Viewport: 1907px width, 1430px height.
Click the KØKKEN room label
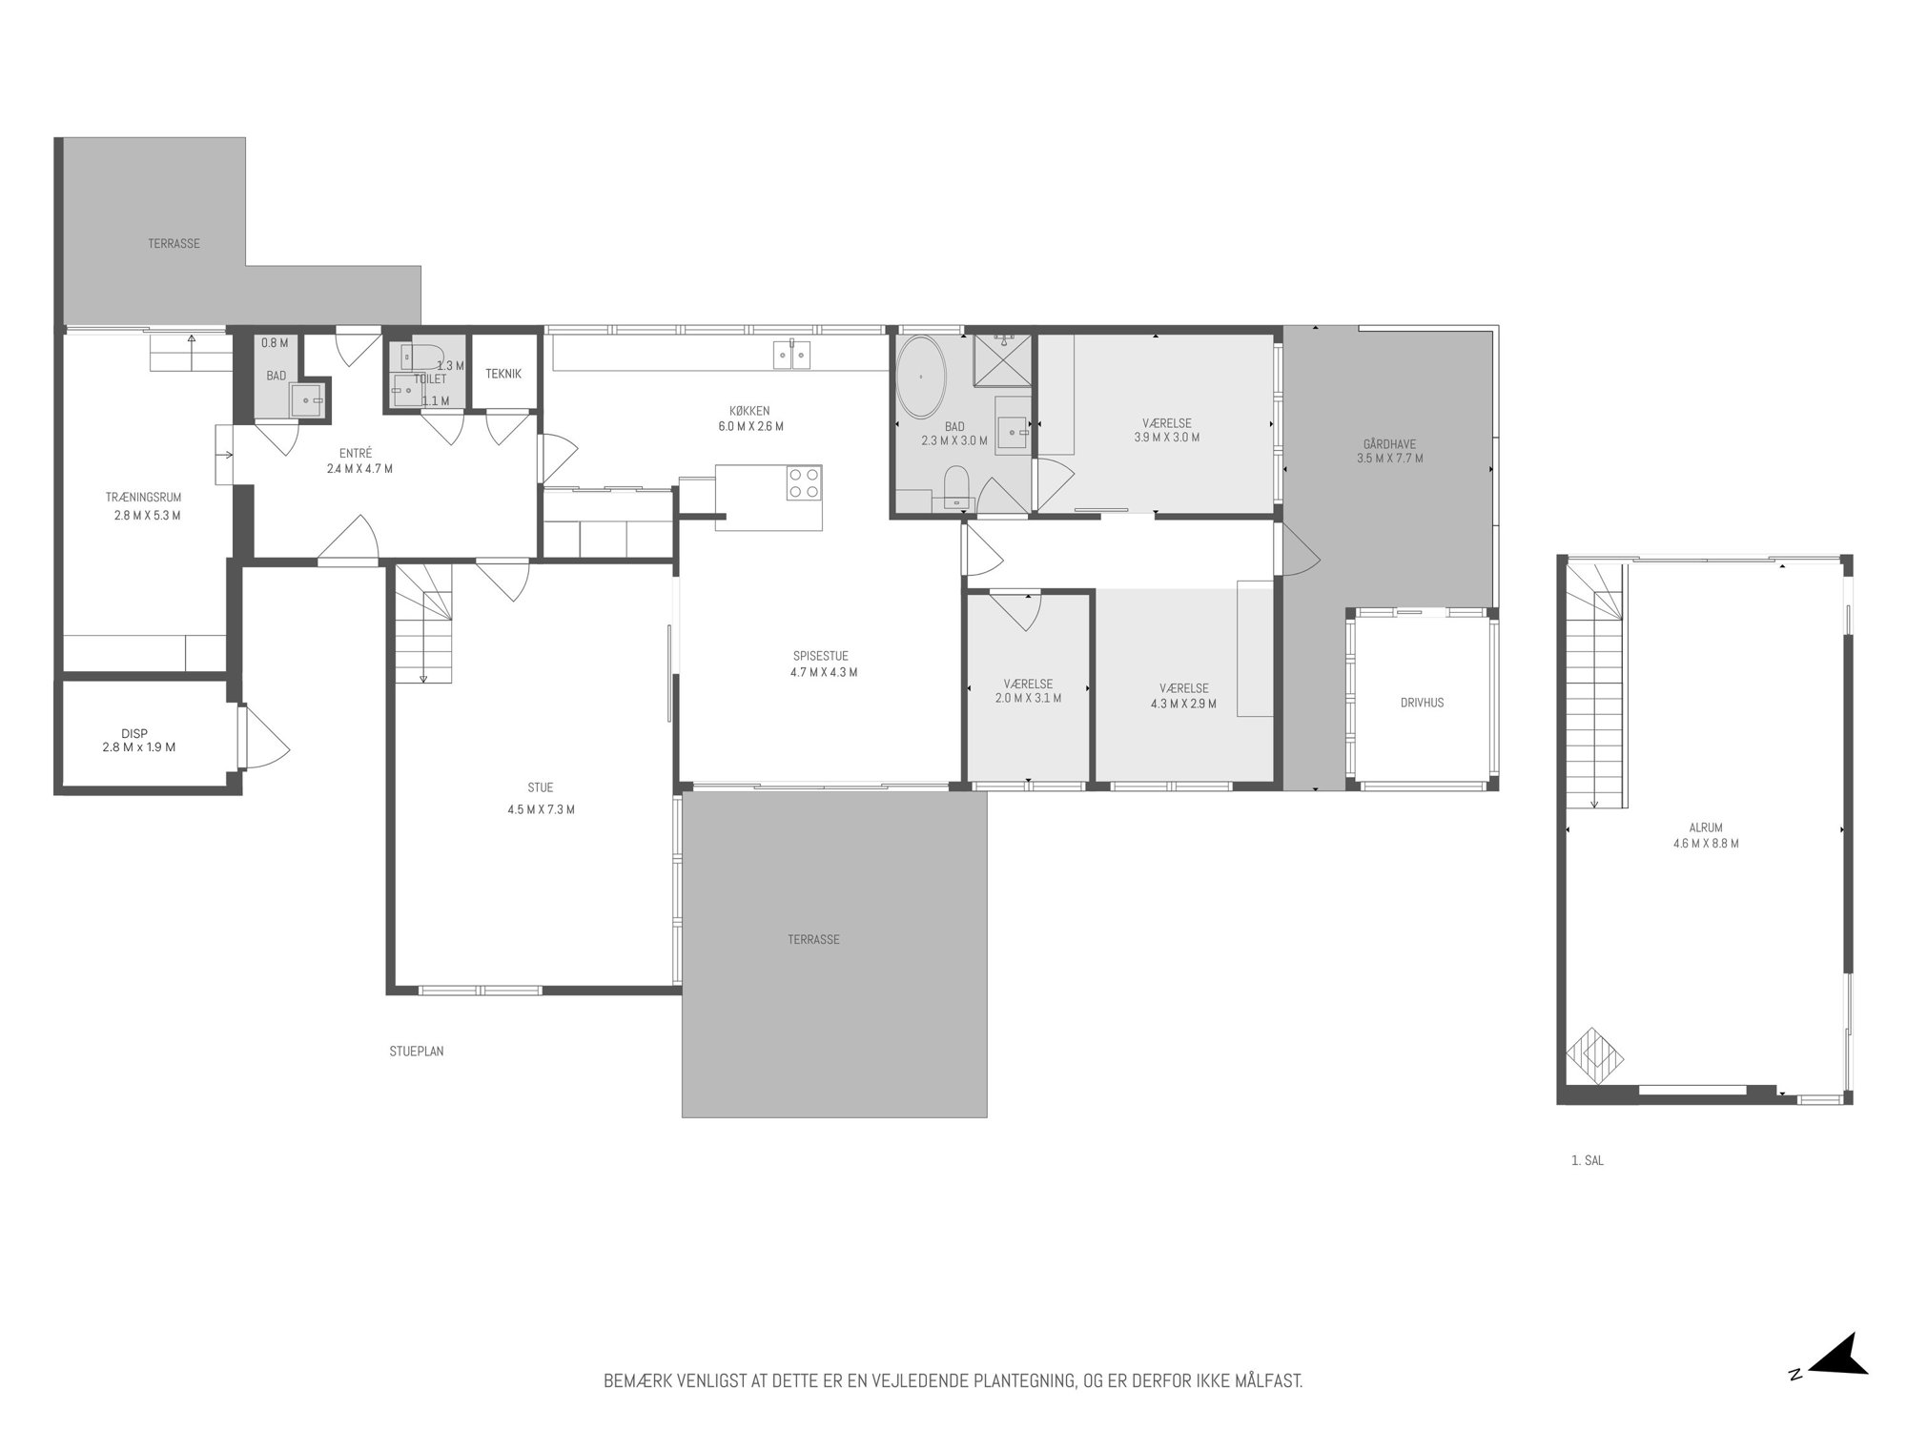pos(750,411)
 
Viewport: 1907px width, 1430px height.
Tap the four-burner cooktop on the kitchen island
pos(804,482)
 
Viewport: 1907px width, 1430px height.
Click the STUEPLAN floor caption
pos(417,1052)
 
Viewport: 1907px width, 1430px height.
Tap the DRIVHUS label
pos(1423,703)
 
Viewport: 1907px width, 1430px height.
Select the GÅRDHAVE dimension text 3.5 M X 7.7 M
pos(1389,459)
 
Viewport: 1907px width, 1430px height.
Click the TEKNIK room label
pos(503,374)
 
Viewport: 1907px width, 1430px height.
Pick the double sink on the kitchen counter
pos(792,355)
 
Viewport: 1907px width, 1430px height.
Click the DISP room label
pos(134,733)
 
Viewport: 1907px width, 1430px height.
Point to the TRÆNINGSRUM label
pos(143,497)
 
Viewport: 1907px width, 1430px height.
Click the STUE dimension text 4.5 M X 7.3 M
pos(541,810)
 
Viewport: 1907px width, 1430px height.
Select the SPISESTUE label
pos(820,656)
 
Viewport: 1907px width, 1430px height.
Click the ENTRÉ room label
pos(356,454)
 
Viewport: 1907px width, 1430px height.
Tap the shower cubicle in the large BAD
pos(1002,360)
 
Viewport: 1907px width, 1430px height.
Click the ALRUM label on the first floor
pos(1706,828)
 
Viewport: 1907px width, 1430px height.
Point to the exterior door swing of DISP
pos(264,737)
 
